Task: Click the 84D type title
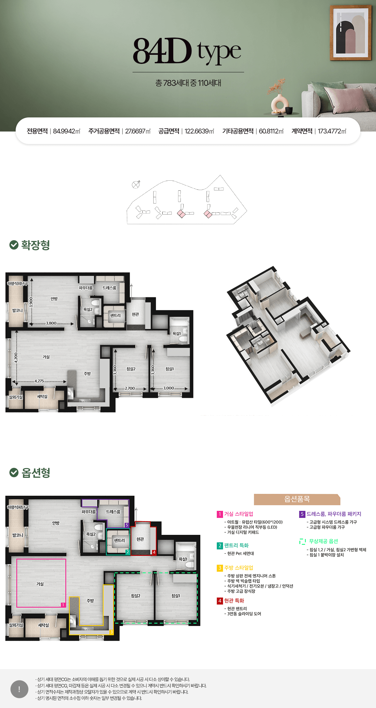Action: coord(187,51)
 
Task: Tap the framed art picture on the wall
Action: coord(350,33)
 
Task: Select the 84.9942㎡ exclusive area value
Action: coord(66,131)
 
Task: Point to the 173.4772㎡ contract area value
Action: coord(332,131)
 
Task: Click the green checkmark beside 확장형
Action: coord(14,245)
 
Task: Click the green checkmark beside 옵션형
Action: coord(14,473)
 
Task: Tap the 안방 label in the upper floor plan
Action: coord(54,299)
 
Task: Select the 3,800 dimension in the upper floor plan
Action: coord(51,323)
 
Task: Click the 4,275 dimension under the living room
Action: coord(39,381)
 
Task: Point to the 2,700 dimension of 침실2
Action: coord(130,388)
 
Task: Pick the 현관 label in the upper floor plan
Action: coord(135,314)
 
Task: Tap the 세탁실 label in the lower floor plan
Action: coord(44,625)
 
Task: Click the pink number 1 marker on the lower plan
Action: coord(63,605)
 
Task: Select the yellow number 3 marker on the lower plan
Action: coord(111,632)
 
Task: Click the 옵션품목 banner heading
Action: coord(297,499)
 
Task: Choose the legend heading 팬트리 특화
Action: coord(236,545)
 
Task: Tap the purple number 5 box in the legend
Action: coord(302,514)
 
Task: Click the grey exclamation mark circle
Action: coord(19,689)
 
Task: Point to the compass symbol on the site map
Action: coord(136,184)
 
